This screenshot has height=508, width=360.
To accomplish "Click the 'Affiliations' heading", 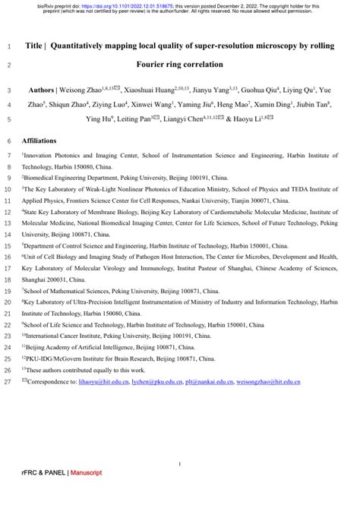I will click(43, 141).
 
